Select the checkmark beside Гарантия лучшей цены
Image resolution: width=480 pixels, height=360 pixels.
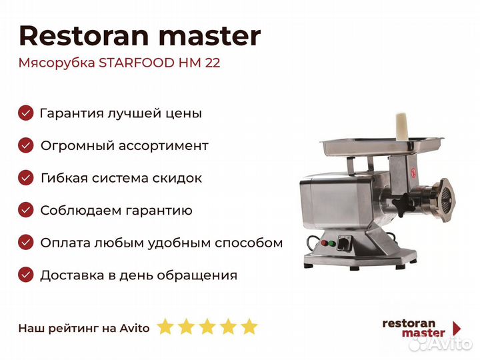(x=25, y=113)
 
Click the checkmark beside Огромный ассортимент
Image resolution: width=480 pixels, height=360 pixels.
(x=25, y=145)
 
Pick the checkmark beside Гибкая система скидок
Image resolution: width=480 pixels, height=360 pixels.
(x=25, y=178)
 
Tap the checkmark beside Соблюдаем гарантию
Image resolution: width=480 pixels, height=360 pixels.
(x=25, y=210)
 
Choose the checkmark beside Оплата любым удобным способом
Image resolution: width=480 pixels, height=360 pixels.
(x=25, y=243)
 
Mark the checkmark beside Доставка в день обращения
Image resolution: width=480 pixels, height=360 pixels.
(x=25, y=275)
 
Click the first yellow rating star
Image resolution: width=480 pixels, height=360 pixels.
(x=165, y=327)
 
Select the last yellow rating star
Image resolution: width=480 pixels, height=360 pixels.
(x=249, y=327)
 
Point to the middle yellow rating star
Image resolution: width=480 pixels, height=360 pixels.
(x=207, y=327)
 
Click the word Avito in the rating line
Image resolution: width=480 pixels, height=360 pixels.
(x=135, y=328)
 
